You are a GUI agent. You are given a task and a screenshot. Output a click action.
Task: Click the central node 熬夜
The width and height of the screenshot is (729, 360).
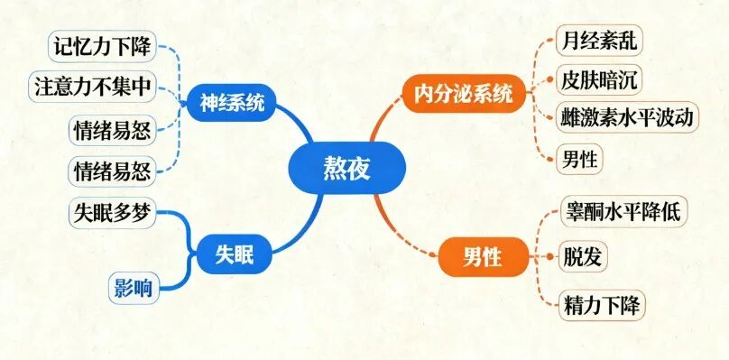(347, 169)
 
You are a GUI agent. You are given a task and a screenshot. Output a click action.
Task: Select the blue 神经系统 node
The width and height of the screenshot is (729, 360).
(233, 104)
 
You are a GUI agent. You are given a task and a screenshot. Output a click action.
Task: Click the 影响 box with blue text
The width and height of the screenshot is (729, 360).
(132, 288)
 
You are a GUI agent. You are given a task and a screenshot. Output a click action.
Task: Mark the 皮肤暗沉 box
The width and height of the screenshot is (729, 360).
(597, 79)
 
